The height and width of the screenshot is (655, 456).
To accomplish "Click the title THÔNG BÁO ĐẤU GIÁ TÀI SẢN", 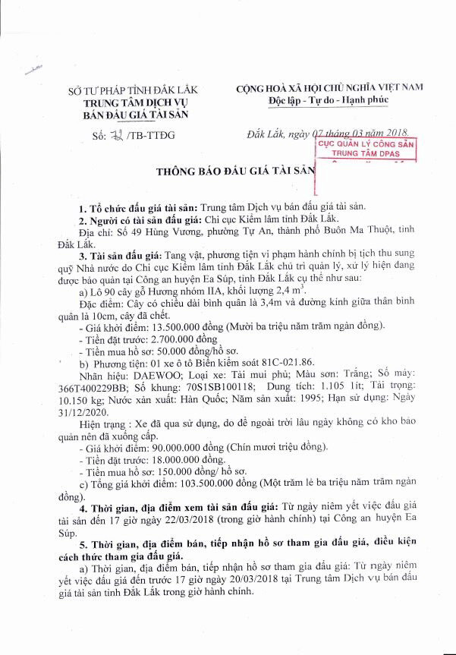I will (x=234, y=171).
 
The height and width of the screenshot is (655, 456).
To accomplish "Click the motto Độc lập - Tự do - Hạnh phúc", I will (x=330, y=100).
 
